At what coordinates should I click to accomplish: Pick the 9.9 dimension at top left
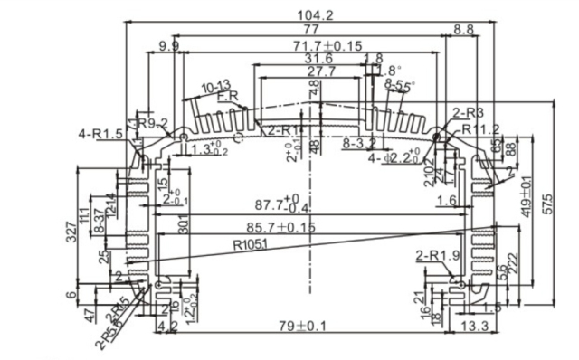(x=168, y=45)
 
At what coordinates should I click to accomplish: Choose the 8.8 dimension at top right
(x=463, y=30)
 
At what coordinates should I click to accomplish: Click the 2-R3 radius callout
(x=469, y=113)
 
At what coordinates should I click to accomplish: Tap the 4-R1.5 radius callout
(x=100, y=135)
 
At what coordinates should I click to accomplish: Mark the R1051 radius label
(x=252, y=243)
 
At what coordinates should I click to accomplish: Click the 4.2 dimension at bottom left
(x=166, y=325)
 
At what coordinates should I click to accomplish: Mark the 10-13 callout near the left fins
(x=215, y=87)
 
